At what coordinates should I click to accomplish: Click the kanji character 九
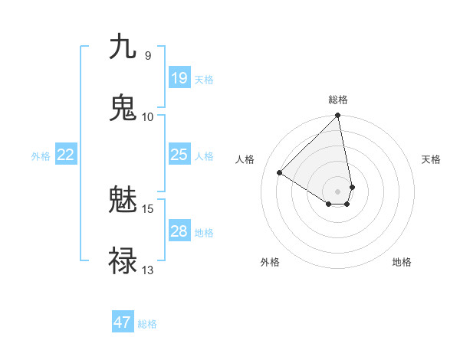click(123, 47)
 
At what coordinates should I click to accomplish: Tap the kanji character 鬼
click(123, 108)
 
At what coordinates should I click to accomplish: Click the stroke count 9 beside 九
click(147, 55)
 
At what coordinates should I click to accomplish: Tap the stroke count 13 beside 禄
click(148, 270)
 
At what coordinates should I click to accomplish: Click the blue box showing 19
click(179, 77)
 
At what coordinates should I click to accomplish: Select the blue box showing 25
click(179, 155)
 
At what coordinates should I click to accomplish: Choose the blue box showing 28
click(179, 231)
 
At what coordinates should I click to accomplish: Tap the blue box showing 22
click(66, 155)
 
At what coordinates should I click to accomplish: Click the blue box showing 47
click(123, 322)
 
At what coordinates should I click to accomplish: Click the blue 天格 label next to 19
click(204, 79)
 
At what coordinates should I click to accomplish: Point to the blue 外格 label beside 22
click(41, 156)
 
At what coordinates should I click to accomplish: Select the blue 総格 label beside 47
click(147, 324)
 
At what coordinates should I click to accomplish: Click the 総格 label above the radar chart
click(338, 100)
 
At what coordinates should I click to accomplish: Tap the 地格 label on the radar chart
click(402, 262)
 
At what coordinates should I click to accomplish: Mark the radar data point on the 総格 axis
click(337, 116)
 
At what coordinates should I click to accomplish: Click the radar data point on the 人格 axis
click(280, 173)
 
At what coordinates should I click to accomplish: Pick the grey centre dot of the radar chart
click(337, 191)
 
